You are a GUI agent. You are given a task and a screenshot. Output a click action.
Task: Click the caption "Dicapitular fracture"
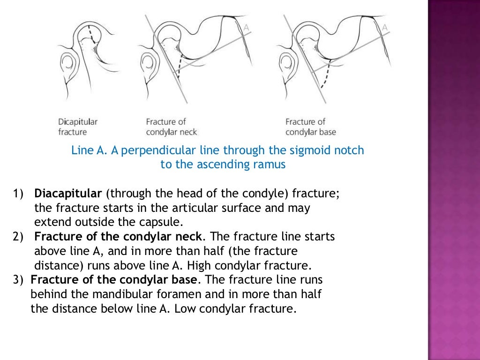click(78, 127)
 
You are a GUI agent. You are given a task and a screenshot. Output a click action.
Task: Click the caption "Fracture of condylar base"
click(311, 127)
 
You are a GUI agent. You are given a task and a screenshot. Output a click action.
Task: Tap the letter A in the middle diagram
click(246, 27)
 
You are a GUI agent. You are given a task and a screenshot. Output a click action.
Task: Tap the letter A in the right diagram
click(385, 27)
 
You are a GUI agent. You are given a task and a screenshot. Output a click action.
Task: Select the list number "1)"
click(18, 194)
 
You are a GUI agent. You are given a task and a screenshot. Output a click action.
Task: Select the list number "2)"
click(18, 237)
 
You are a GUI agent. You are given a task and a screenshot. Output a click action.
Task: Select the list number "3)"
click(18, 280)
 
